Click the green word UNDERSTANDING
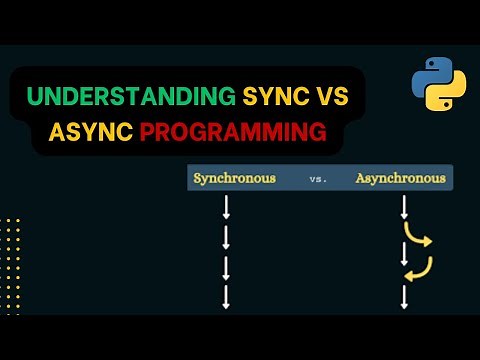coord(133,98)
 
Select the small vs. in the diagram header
coord(319,180)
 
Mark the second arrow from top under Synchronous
coord(227,238)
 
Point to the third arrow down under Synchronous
coord(227,267)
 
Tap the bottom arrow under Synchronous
coord(227,296)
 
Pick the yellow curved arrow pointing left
coord(421,268)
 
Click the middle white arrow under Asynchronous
coord(404,253)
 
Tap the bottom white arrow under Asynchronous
coord(404,296)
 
